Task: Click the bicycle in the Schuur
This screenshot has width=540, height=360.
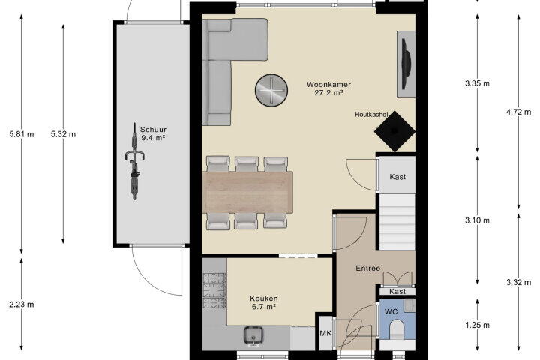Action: pyautogui.click(x=135, y=161)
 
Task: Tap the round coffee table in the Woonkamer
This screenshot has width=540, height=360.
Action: pyautogui.click(x=271, y=90)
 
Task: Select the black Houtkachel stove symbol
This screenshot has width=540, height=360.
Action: pyautogui.click(x=394, y=131)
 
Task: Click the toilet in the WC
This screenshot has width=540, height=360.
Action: pyautogui.click(x=397, y=329)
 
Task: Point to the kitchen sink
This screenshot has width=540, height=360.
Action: pyautogui.click(x=253, y=334)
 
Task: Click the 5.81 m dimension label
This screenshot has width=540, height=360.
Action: pyautogui.click(x=22, y=134)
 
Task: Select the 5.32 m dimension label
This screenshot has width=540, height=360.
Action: pyautogui.click(x=63, y=134)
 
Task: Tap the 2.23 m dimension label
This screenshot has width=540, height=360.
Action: pyautogui.click(x=22, y=304)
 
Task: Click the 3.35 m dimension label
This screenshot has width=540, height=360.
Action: pyautogui.click(x=477, y=83)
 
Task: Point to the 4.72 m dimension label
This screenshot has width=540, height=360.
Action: pyautogui.click(x=519, y=112)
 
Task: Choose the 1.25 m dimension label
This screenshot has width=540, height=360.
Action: pyautogui.click(x=477, y=325)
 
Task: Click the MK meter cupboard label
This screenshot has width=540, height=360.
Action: pyautogui.click(x=325, y=333)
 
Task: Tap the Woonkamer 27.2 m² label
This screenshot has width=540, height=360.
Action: pyautogui.click(x=328, y=88)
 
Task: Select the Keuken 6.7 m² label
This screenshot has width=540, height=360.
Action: pyautogui.click(x=264, y=302)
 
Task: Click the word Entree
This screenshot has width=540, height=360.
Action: pyautogui.click(x=367, y=268)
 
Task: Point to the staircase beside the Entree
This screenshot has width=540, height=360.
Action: pyautogui.click(x=397, y=222)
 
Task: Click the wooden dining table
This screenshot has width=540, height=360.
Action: pyautogui.click(x=248, y=192)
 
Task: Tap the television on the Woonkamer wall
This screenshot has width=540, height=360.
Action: pyautogui.click(x=406, y=64)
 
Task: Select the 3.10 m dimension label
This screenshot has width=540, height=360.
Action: pyautogui.click(x=477, y=220)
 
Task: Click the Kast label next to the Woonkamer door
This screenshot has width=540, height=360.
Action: pyautogui.click(x=397, y=177)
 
